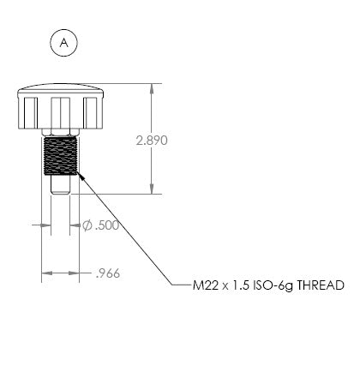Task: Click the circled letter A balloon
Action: (63, 43)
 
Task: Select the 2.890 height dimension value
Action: (152, 141)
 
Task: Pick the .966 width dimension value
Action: (108, 273)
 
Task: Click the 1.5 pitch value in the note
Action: (241, 285)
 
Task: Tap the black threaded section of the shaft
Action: (61, 156)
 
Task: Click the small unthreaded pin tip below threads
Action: (61, 184)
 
